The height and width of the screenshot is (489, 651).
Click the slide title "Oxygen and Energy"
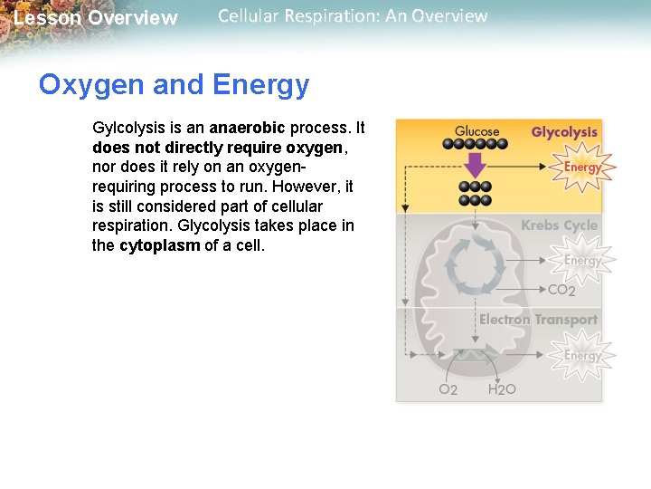click(x=174, y=86)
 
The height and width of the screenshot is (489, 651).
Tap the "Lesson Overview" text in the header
click(x=96, y=18)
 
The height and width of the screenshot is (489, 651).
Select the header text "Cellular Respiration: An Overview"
click(x=353, y=16)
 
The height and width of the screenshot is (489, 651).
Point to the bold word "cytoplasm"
click(x=159, y=245)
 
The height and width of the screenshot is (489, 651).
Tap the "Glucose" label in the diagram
click(x=476, y=131)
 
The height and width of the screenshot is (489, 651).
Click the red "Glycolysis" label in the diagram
click(x=564, y=133)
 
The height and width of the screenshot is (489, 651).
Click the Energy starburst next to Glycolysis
click(x=582, y=168)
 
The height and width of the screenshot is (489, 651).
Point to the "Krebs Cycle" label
click(x=559, y=225)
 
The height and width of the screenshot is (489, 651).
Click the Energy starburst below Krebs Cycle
click(x=582, y=261)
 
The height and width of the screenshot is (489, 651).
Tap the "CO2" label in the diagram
click(x=561, y=291)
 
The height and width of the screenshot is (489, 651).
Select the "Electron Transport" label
click(x=538, y=320)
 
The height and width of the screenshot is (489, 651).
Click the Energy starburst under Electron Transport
click(x=582, y=356)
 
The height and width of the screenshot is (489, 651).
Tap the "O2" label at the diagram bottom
click(x=448, y=389)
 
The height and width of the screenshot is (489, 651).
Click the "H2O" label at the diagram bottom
click(x=502, y=389)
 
